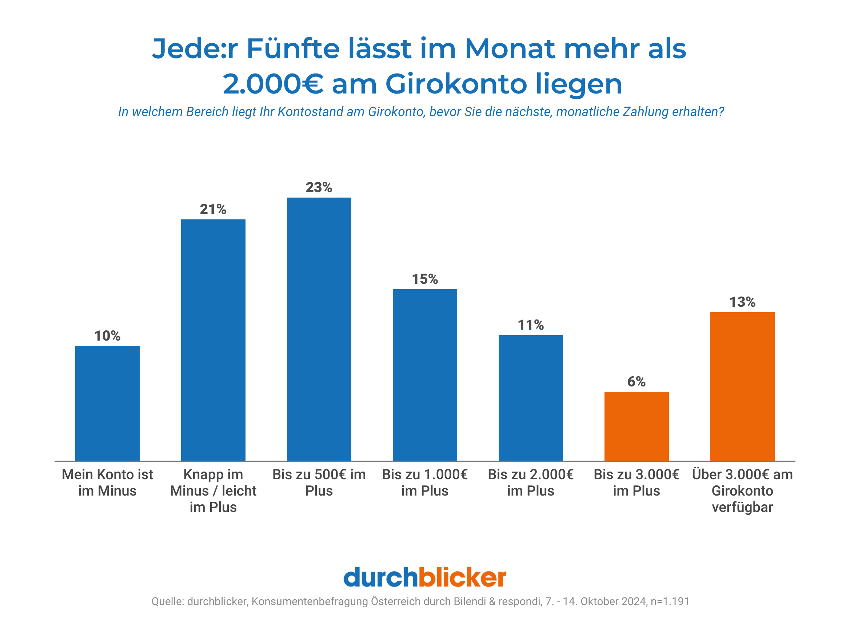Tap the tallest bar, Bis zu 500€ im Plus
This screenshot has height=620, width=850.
319,329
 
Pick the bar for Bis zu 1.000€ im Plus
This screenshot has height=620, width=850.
424,374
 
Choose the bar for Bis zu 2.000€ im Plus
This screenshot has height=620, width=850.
530,397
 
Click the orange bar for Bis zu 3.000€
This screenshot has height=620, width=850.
636,426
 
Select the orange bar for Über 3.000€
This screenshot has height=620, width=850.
742,386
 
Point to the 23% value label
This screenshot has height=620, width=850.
319,187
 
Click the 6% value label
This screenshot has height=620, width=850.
636,382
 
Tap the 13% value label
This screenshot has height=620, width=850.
742,302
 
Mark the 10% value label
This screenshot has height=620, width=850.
107,336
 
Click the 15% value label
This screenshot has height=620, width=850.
424,279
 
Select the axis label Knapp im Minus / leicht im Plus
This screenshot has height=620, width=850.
213,490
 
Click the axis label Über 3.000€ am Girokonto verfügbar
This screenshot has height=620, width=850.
742,490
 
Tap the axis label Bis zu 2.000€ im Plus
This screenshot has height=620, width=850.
530,482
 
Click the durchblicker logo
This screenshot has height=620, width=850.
424,577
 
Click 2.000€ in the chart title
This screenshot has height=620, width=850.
273,84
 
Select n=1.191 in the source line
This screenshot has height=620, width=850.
670,601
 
